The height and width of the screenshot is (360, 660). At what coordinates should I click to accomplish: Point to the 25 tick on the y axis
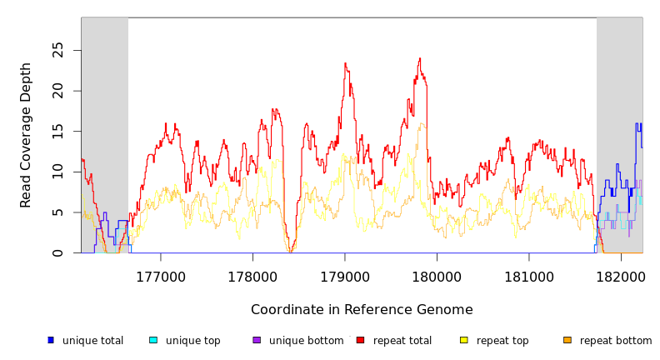(57, 50)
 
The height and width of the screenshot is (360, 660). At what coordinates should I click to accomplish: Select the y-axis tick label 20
(57, 91)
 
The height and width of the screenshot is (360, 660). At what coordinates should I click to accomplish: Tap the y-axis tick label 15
(57, 131)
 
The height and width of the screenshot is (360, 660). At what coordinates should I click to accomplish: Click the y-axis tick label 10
(57, 172)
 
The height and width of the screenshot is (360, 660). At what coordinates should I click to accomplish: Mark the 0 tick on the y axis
(57, 252)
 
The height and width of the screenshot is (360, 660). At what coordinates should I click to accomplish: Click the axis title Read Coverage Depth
(26, 135)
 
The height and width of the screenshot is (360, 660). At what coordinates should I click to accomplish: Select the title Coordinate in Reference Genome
(362, 310)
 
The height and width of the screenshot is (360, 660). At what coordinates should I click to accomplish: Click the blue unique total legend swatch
(51, 340)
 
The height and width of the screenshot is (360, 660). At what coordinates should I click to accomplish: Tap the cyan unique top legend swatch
(153, 340)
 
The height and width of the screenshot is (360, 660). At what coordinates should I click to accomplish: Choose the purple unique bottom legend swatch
(257, 340)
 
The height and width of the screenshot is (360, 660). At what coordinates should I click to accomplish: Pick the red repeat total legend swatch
(360, 340)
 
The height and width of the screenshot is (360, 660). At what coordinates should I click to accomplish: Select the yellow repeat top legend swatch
(464, 340)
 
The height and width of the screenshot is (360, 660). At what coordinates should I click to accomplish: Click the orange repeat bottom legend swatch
(567, 340)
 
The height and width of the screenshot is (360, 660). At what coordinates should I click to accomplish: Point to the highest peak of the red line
(420, 58)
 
